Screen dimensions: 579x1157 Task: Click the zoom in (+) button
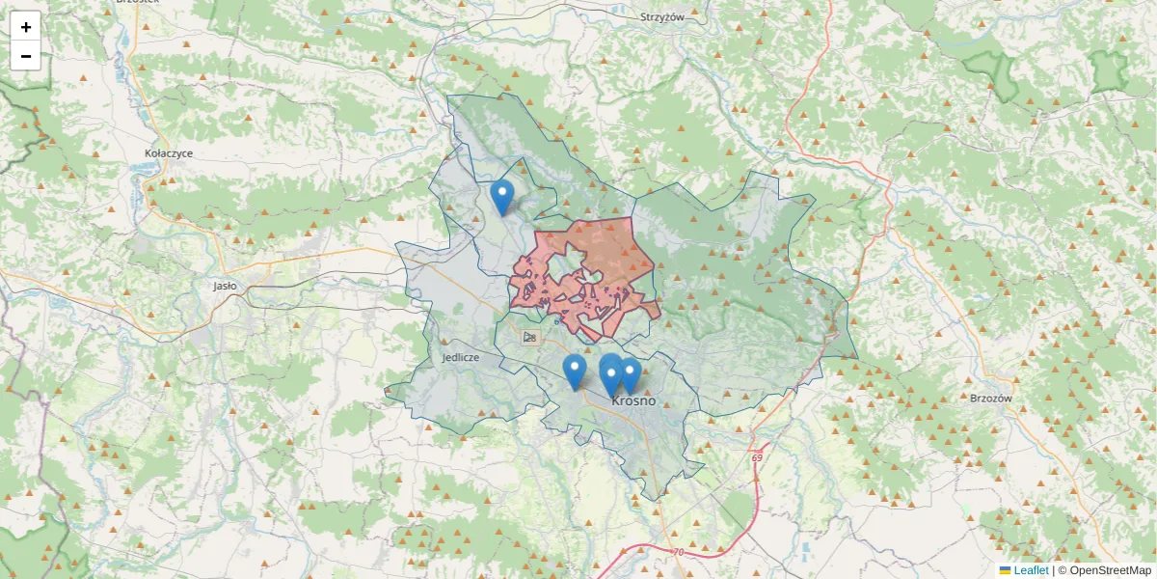pos(26,27)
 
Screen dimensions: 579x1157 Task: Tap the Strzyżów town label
pos(661,17)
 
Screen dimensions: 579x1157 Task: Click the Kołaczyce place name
pos(169,153)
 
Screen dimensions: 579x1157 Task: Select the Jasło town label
pos(226,286)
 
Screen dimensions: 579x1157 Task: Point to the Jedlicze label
pos(461,357)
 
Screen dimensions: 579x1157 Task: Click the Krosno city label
pos(633,400)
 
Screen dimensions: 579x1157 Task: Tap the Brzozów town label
pos(989,398)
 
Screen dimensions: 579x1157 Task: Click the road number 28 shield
pos(529,337)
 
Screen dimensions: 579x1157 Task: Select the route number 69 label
pos(757,456)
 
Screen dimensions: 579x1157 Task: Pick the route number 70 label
pos(678,552)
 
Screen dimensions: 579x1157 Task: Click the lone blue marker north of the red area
pos(501,197)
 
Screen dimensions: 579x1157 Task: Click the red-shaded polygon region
pos(603,251)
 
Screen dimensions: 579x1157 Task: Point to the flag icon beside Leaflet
pos(1005,570)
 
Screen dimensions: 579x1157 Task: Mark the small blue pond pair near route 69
pos(803,551)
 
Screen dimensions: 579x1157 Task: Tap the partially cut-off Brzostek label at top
pos(136,3)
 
